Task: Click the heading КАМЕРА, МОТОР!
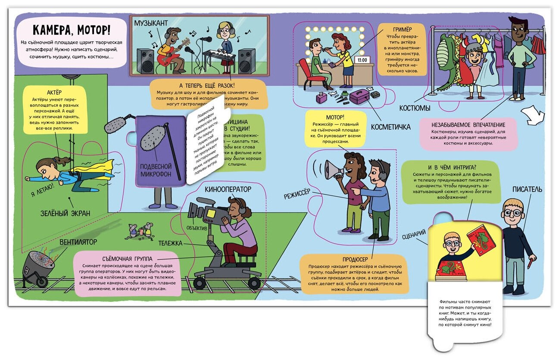72,30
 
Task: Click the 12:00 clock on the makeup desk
362,60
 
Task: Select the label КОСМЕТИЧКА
390,127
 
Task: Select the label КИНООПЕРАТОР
228,189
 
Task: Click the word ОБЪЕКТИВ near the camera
197,227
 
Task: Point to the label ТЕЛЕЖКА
170,243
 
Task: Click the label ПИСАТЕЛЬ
527,189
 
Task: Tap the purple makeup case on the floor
359,96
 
